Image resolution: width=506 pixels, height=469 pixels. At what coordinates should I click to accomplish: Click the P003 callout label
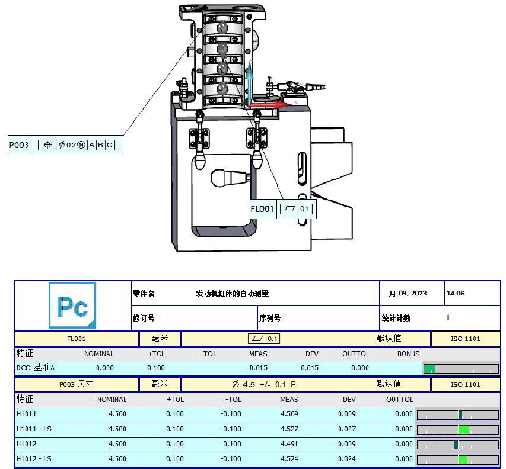[x=19, y=145]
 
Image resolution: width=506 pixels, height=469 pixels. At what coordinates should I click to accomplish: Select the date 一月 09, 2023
[x=404, y=293]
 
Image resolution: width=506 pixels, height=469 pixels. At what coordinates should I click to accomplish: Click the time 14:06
[x=455, y=293]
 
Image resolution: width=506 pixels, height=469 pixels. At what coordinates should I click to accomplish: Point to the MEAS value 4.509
[x=289, y=414]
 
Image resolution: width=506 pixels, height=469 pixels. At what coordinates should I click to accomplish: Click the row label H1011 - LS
[x=34, y=429]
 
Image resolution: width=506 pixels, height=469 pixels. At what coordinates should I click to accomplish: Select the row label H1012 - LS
[x=34, y=459]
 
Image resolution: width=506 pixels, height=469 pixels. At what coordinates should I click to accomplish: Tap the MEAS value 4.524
[x=289, y=459]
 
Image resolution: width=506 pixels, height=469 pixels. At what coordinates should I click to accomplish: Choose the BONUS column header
[x=408, y=354]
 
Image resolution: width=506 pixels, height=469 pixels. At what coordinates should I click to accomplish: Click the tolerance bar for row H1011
[x=457, y=414]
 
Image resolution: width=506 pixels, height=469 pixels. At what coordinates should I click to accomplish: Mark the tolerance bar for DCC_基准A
[x=460, y=369]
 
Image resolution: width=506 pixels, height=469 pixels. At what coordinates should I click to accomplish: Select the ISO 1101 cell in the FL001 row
[x=465, y=339]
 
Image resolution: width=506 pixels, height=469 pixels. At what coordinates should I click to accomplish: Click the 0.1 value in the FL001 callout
[x=305, y=209]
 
